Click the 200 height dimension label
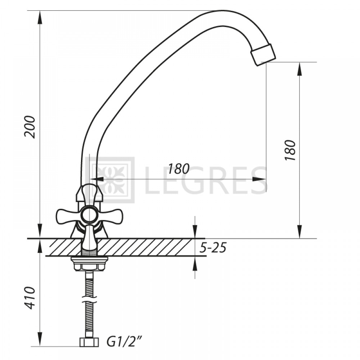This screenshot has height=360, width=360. [30, 127]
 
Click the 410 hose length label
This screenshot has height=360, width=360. [30, 298]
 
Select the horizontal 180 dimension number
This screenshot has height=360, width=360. [179, 169]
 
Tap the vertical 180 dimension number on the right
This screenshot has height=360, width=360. [290, 150]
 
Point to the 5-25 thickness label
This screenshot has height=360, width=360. [213, 248]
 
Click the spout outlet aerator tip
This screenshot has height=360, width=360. [263, 55]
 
